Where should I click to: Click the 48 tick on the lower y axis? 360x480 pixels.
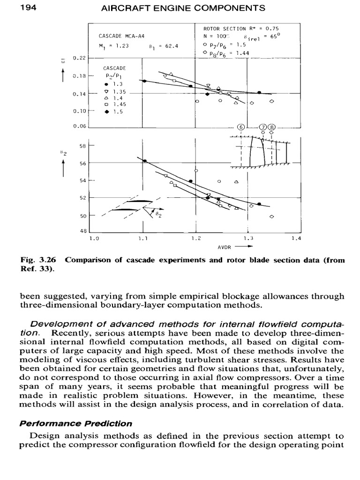coord(84,232)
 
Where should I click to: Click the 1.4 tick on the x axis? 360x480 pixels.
coord(295,239)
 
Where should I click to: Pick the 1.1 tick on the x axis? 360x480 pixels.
coord(143,239)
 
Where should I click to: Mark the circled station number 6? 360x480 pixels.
coord(241,127)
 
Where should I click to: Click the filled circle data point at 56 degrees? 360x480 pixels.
coord(144,161)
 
